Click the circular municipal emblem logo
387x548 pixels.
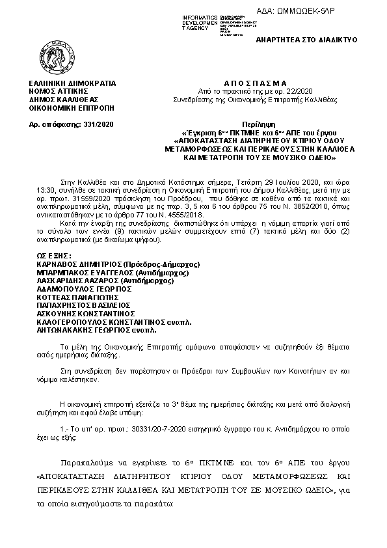pos(53,57)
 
